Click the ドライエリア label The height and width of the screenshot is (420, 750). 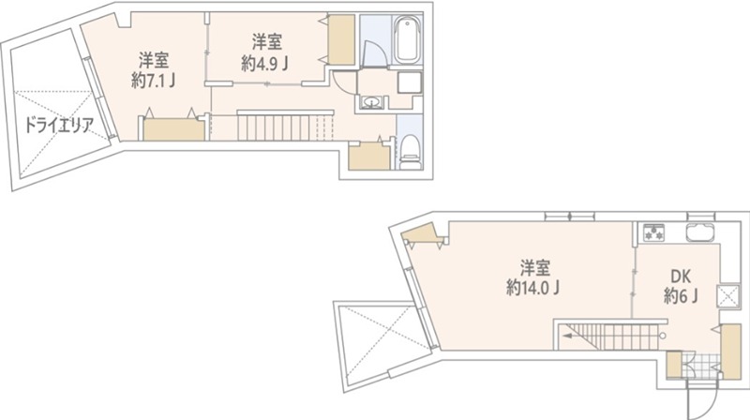(x=58, y=126)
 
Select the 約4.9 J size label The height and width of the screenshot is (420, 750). (x=265, y=64)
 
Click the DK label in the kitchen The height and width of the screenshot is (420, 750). (x=682, y=277)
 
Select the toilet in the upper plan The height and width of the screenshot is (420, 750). (x=411, y=149)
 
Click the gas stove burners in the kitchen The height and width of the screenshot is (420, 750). (x=652, y=232)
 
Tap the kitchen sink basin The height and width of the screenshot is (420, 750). (x=700, y=232)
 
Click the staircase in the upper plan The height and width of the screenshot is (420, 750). (x=285, y=126)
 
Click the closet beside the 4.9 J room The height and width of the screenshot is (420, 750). (x=340, y=38)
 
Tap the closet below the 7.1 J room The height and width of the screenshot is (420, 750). (x=172, y=129)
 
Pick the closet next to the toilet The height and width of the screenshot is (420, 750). (x=367, y=157)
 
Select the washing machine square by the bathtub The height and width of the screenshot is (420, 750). (x=411, y=82)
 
